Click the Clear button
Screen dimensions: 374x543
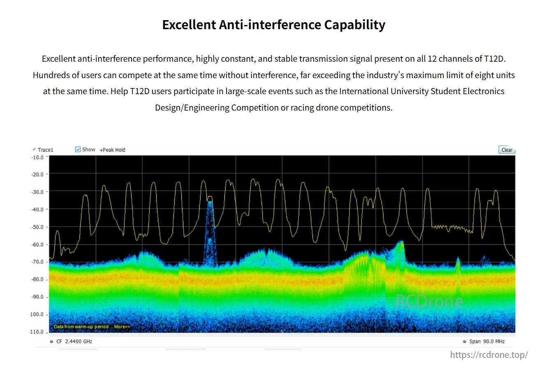coord(506,150)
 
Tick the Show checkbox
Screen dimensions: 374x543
coord(78,150)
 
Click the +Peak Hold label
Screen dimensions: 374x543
coord(112,150)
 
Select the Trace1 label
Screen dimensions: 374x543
coord(45,150)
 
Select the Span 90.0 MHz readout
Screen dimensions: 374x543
coord(487,342)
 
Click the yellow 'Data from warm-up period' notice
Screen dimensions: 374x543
coord(92,327)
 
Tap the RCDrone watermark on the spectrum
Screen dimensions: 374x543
coord(429,302)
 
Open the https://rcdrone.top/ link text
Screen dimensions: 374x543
coord(489,355)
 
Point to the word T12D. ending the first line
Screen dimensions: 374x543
coord(494,59)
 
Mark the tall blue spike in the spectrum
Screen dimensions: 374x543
coord(210,230)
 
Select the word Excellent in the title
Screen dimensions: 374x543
coord(188,25)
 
